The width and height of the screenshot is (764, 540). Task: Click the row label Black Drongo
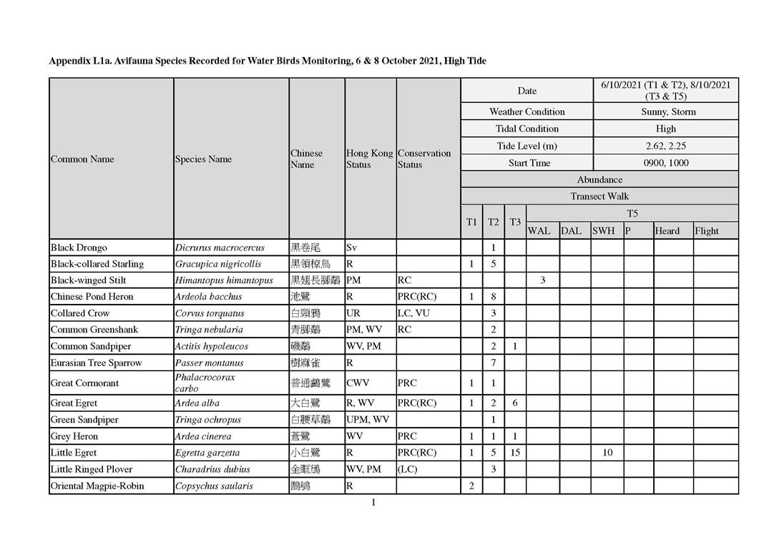(x=79, y=247)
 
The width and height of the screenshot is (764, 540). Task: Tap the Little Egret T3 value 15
(x=515, y=453)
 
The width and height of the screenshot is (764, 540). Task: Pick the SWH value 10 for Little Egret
(x=607, y=453)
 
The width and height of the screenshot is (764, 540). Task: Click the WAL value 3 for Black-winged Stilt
(x=542, y=280)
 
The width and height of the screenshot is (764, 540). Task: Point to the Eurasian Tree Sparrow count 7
(x=493, y=363)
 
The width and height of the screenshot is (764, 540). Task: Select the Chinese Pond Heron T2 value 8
(x=493, y=297)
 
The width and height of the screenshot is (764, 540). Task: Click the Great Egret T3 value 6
(x=515, y=403)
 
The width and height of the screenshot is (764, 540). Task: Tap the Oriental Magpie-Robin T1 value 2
(x=471, y=486)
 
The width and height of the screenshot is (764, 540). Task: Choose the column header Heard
(x=667, y=231)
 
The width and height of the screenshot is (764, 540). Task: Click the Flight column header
(x=707, y=231)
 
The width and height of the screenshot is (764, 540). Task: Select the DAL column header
(x=571, y=231)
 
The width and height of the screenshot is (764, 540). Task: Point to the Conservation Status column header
(x=424, y=159)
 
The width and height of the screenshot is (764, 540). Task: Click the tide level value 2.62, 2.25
(x=665, y=146)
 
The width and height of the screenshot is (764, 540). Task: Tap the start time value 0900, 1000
(x=665, y=163)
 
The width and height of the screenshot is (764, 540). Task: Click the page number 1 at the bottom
(x=373, y=502)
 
